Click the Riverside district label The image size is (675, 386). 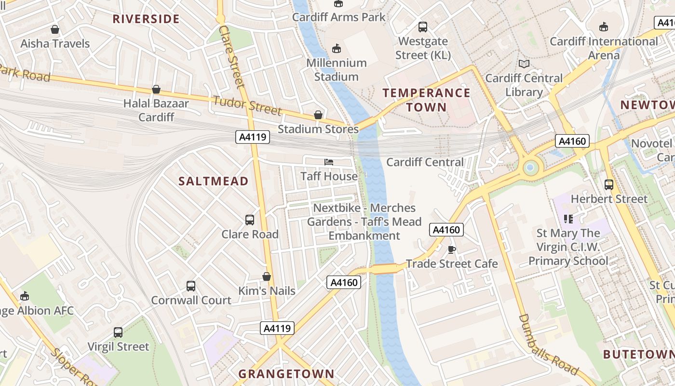[x=146, y=19]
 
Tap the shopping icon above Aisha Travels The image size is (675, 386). [x=55, y=29]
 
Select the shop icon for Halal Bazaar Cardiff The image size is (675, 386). [x=156, y=89]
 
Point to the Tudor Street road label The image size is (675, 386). [x=247, y=106]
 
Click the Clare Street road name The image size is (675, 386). [x=232, y=56]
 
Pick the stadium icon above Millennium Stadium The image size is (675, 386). [x=336, y=49]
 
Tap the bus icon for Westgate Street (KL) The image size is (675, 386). [x=423, y=27]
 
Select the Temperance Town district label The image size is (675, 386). [x=426, y=100]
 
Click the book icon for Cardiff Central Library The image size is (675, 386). [x=524, y=64]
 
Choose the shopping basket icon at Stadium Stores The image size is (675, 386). [x=318, y=115]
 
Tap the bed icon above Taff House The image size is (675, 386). [x=329, y=162]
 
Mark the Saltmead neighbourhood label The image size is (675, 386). [x=214, y=181]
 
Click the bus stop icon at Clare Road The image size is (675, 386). [x=250, y=220]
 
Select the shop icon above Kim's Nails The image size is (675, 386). [x=267, y=276]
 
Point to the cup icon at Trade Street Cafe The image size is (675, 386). [x=451, y=249]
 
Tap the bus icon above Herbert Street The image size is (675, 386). [x=608, y=184]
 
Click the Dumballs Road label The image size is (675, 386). [x=548, y=345]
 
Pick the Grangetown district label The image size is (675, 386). [x=286, y=373]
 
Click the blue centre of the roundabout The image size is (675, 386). [x=530, y=167]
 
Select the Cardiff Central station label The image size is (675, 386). [x=425, y=162]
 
